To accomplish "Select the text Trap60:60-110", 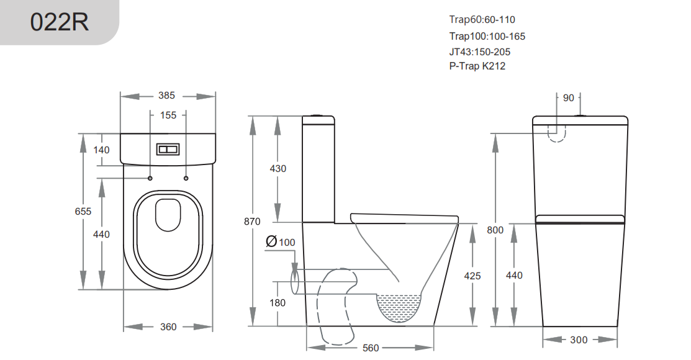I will coord(482,20).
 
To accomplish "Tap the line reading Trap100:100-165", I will coord(487,37).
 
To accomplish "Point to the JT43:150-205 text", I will coord(480,52).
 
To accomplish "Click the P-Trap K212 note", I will coord(477,66).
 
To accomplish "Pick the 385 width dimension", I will coord(167,96).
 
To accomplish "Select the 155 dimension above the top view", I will coord(168,115).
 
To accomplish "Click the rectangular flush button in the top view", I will coord(168,150).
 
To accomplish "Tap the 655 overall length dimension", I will coord(83,212).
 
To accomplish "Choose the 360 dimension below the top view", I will coord(168,326).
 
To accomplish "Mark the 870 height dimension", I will coord(252,222).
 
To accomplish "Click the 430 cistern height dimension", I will coord(278,169).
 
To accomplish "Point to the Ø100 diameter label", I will coord(280,242).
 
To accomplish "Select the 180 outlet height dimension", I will coord(278,303).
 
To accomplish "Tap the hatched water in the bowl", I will coord(400,307).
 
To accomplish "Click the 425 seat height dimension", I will coord(472,276).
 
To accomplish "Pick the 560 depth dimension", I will coord(370,348).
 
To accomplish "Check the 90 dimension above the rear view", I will coord(569,97).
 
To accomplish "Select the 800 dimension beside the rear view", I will coord(495,230).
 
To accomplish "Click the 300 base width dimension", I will coord(579,340).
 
